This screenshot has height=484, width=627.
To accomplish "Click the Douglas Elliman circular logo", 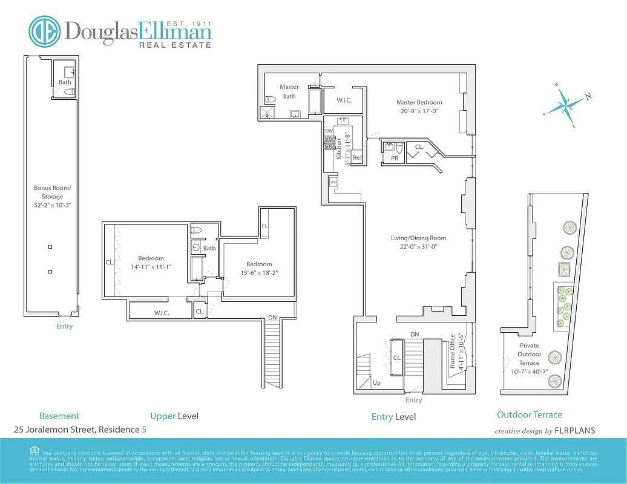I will point(45,31).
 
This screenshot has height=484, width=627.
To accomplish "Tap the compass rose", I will point(566,105).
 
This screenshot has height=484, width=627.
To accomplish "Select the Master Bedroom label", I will point(419,102).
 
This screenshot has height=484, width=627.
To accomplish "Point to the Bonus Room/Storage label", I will point(52,192).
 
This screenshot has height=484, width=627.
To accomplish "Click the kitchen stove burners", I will point(329,143).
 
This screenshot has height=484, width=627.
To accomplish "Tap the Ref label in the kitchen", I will point(357,158).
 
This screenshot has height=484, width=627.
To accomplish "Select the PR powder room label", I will point(394,158).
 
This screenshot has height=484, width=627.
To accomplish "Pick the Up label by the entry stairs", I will point(376,383).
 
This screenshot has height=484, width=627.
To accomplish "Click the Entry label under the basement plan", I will point(64,326).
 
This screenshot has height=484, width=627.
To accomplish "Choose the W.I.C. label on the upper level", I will point(161,313).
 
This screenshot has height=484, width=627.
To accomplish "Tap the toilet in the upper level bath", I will point(196,231).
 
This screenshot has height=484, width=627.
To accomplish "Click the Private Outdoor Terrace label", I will point(529,354).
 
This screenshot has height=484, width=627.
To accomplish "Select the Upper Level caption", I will point(174,416).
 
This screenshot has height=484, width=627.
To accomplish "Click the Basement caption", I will point(59,416).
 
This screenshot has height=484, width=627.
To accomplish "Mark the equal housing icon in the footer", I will point(33,451).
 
